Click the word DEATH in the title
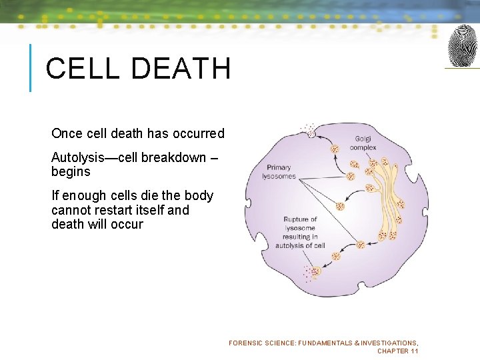pyautogui.click(x=177, y=69)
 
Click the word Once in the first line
pyautogui.click(x=67, y=133)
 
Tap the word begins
pyautogui.click(x=71, y=172)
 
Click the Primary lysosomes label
pyautogui.click(x=279, y=172)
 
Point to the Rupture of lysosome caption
pyautogui.click(x=300, y=232)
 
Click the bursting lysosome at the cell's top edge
pyautogui.click(x=311, y=133)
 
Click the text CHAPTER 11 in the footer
pyautogui.click(x=397, y=351)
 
